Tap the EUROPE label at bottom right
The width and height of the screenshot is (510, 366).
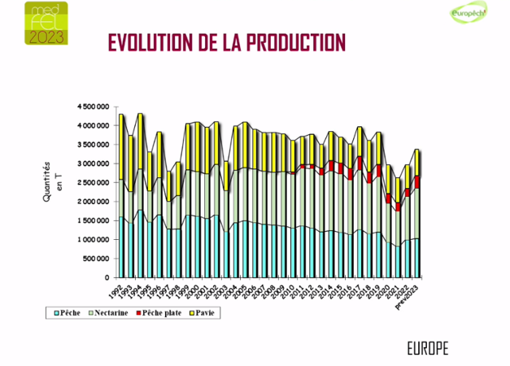427,347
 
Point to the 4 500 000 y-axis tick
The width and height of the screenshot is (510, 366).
94,107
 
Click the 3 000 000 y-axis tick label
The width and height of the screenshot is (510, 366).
94,163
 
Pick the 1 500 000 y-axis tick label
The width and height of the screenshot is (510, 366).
94,220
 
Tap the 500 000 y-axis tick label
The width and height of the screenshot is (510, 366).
98,259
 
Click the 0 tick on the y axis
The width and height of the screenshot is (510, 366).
107,277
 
